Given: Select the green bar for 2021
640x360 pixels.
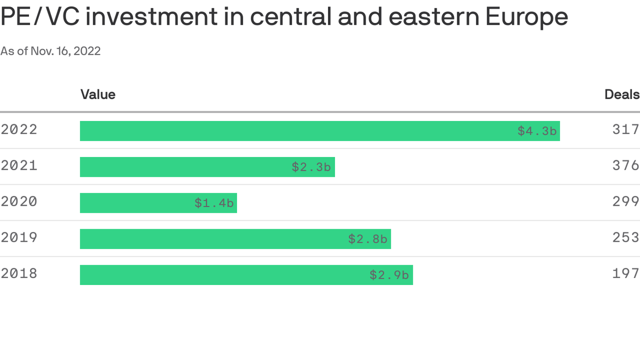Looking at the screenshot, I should point(187,167).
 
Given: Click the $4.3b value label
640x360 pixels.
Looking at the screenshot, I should point(537,131).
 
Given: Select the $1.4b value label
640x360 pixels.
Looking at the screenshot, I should point(214,203).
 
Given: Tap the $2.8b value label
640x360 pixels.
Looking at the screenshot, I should point(368,240).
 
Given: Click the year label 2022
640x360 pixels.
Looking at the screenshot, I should point(19,129).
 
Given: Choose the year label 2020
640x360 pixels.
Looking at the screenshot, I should point(19,202).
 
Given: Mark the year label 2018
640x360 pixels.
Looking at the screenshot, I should point(19,274).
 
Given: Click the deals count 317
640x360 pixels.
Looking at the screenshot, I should point(625,129).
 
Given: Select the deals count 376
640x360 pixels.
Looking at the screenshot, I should point(625,165).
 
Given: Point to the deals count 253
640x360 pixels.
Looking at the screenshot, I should point(625,238).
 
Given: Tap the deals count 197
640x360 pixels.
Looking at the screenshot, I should point(625,274).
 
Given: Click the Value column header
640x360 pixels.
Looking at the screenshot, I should point(98,95).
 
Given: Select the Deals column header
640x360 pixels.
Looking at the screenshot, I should point(622,95).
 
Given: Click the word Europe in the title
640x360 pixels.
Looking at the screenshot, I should point(527,17).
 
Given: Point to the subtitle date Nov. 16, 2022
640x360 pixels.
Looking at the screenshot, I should point(66,51).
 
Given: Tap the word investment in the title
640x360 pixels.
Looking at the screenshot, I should point(152,17).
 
